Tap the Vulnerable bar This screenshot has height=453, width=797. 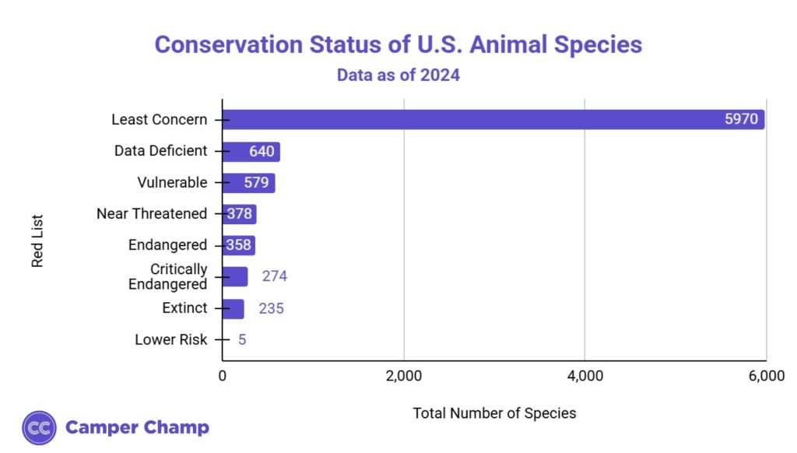point(248,183)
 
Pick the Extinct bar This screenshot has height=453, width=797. point(233,308)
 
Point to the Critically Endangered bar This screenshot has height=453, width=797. point(234,276)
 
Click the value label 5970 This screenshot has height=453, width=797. point(742,120)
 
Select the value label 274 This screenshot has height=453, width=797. point(275,276)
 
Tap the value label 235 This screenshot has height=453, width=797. point(271,308)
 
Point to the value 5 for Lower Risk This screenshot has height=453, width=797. point(242,339)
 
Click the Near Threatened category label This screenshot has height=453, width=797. point(152,213)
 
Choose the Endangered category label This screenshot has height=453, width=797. point(167,245)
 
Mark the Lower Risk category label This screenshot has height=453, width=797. point(170,339)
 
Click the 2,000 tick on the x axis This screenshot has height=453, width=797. point(403,377)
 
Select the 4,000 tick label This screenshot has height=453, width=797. point(585,377)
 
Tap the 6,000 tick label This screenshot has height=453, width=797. point(766,377)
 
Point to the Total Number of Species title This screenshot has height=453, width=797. point(494,413)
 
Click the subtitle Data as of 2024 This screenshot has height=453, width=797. point(398,75)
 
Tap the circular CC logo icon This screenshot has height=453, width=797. point(39,427)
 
